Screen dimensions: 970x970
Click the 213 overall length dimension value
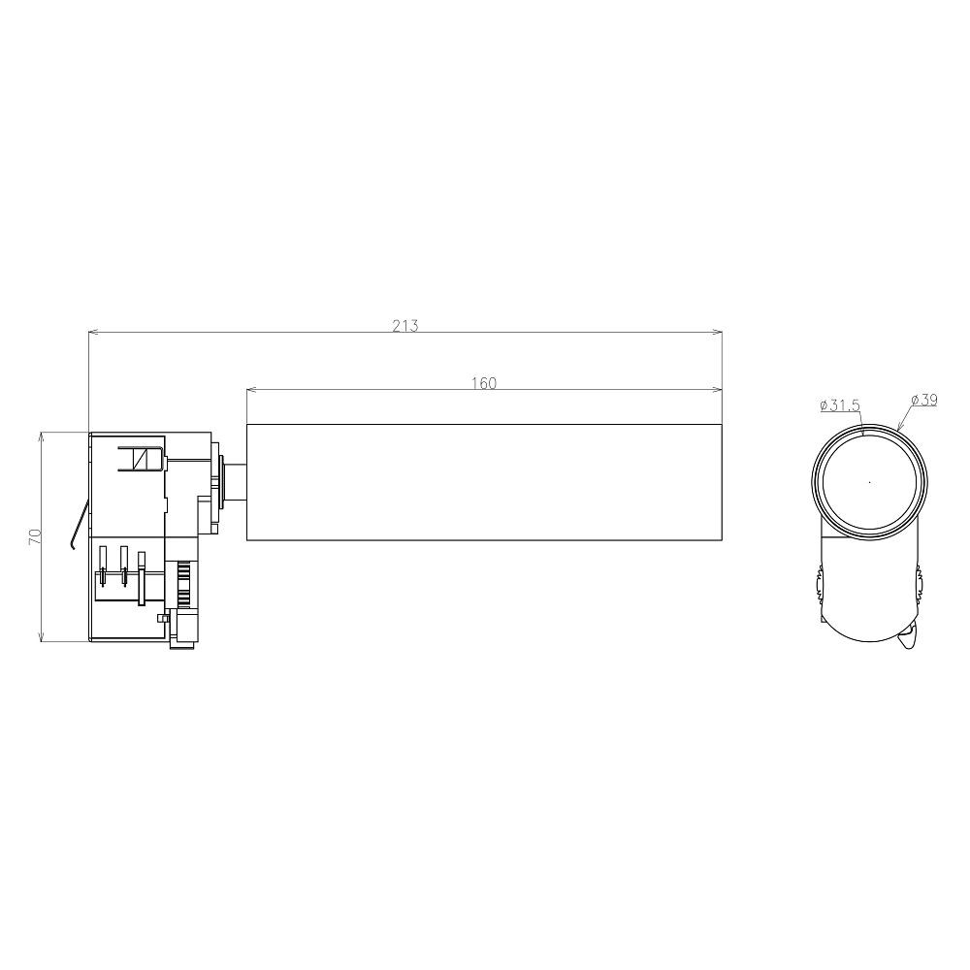pyautogui.click(x=405, y=325)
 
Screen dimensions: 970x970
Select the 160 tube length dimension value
pyautogui.click(x=484, y=383)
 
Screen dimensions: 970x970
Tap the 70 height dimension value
pyautogui.click(x=35, y=536)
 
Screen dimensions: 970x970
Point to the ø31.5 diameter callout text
pyautogui.click(x=840, y=405)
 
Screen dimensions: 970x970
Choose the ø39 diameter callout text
pyautogui.click(x=924, y=400)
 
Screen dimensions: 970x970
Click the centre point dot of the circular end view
pyautogui.click(x=870, y=482)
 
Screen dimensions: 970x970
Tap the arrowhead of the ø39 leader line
pyautogui.click(x=899, y=427)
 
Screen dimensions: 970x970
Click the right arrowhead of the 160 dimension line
pyautogui.click(x=718, y=390)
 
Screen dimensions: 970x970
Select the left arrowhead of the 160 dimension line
pyautogui.click(x=252, y=390)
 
